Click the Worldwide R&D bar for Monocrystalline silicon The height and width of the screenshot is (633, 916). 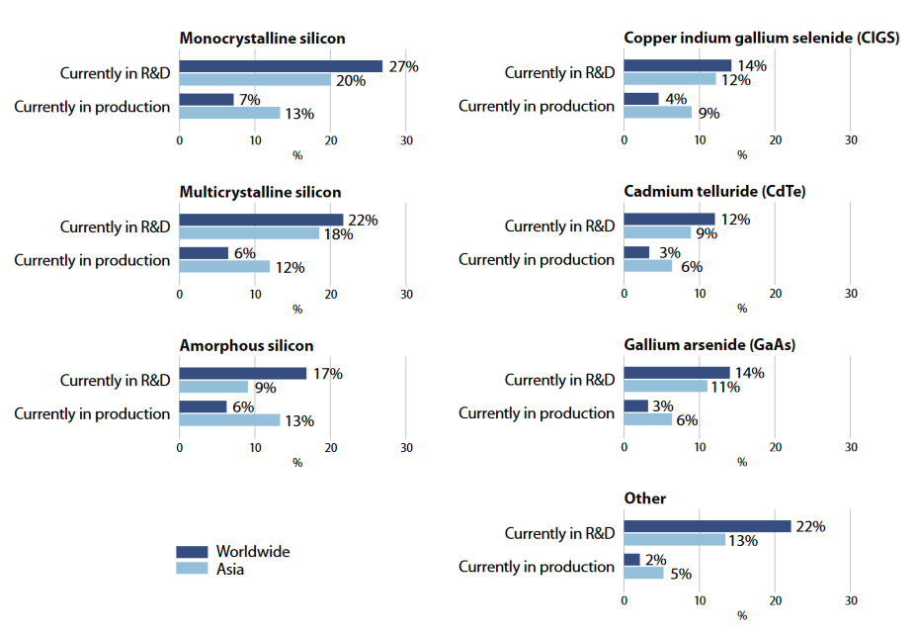(x=281, y=66)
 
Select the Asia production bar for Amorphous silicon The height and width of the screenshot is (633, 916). (x=229, y=420)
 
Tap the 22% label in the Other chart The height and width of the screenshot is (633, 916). (x=810, y=526)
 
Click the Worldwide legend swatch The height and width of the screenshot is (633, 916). (x=192, y=552)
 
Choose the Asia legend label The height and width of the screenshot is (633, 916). (x=230, y=569)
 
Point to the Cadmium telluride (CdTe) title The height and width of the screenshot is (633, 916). (x=715, y=192)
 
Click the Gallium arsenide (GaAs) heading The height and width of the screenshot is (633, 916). (x=709, y=345)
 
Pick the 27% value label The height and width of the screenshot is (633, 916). (x=403, y=66)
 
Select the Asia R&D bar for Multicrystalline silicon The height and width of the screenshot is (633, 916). (x=249, y=233)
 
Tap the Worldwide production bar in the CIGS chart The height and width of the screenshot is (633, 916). (x=641, y=99)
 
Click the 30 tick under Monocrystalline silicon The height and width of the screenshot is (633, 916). (x=406, y=140)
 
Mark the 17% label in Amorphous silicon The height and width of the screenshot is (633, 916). (x=326, y=374)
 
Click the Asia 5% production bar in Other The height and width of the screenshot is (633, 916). (x=644, y=573)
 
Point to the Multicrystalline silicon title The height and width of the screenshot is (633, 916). (x=260, y=192)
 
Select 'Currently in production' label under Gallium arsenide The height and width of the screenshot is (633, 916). (x=537, y=413)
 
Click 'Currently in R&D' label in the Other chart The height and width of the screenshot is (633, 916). (x=559, y=533)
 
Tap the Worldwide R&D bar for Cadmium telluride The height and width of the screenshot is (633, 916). (x=669, y=220)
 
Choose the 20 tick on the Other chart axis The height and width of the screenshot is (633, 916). (x=776, y=600)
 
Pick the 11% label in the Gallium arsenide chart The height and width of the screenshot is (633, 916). (x=725, y=387)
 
